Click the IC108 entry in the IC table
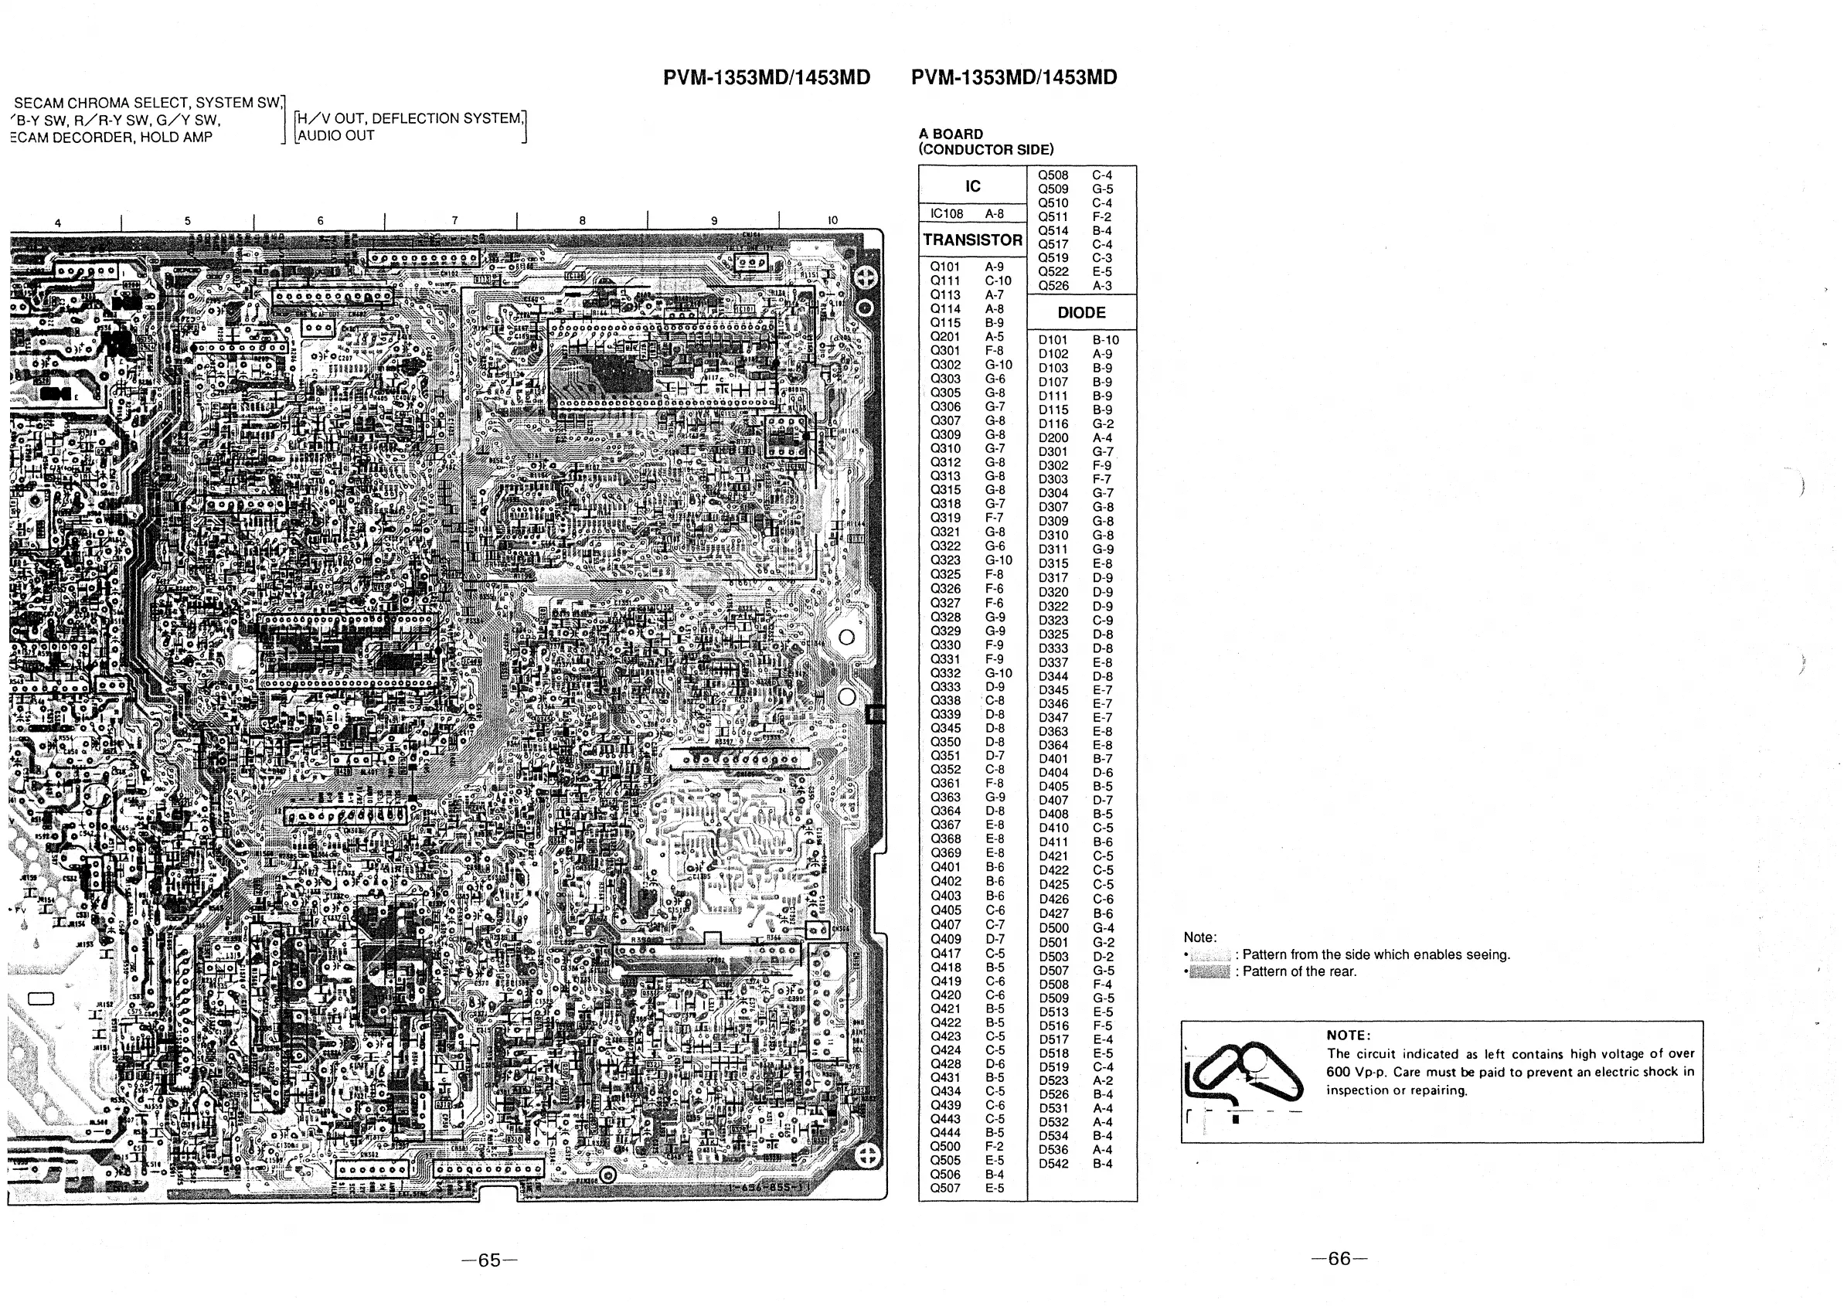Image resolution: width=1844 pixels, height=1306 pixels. (x=947, y=214)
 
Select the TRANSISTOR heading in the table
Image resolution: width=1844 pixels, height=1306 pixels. (x=972, y=240)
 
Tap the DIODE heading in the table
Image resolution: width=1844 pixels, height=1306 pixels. (x=1081, y=313)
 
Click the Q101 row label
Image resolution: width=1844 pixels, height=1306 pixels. (x=945, y=267)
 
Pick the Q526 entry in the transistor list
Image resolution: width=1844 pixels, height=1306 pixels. (x=1053, y=285)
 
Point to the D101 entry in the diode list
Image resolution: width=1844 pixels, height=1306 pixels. (x=1053, y=340)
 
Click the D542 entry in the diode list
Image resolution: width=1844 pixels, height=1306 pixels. (x=1053, y=1164)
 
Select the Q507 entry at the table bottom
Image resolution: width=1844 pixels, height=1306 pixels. (x=945, y=1188)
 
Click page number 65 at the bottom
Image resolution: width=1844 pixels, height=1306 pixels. (x=489, y=1260)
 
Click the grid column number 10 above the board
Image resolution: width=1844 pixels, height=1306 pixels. (x=832, y=220)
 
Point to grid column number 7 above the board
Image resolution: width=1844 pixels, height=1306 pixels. (x=454, y=220)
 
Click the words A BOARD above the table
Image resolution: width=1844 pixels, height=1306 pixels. (x=951, y=134)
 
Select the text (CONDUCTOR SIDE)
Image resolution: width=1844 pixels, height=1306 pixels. (x=986, y=150)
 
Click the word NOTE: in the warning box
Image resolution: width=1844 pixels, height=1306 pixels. (x=1349, y=1035)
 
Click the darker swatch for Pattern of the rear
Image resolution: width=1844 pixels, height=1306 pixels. (x=1209, y=972)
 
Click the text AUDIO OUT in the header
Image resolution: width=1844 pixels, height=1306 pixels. (x=336, y=136)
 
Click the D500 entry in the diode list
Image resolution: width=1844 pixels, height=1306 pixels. (x=1053, y=928)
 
